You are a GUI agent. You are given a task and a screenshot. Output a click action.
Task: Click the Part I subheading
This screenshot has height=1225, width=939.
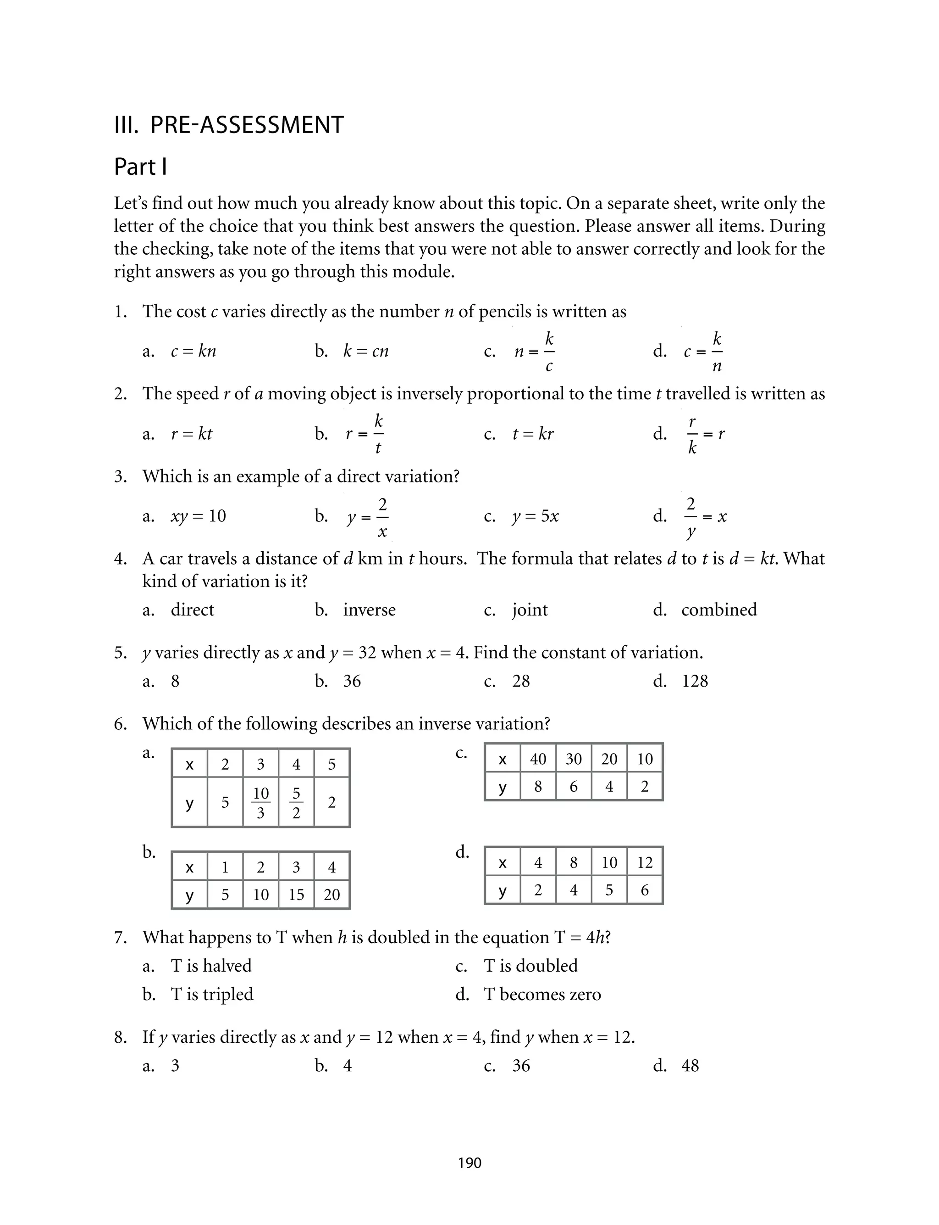click(x=140, y=167)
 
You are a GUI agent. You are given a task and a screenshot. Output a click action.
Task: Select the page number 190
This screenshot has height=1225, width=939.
click(x=469, y=1163)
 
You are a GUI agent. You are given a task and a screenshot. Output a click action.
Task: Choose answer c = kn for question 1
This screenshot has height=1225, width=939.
click(x=193, y=351)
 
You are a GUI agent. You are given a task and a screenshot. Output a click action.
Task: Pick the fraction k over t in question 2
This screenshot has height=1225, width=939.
click(x=378, y=434)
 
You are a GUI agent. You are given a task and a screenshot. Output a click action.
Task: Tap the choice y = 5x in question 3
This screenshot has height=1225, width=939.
click(x=535, y=516)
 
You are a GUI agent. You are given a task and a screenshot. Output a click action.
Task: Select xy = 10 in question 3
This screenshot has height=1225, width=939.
click(x=198, y=516)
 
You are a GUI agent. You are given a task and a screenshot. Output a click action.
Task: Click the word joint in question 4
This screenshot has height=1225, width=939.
click(x=529, y=610)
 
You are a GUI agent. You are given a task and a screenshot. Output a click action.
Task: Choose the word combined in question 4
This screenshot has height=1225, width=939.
click(x=719, y=610)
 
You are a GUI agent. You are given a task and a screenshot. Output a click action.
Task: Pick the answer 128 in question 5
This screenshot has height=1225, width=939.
click(x=695, y=681)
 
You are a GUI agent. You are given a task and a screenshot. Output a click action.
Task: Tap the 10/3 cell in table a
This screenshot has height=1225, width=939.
click(x=260, y=803)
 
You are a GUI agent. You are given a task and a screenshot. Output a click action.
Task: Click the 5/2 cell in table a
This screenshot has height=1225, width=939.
click(x=296, y=803)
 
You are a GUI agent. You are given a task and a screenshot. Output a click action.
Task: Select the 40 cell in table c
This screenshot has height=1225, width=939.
click(x=538, y=759)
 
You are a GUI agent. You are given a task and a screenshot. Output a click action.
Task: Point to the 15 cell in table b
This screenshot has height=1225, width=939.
click(x=296, y=895)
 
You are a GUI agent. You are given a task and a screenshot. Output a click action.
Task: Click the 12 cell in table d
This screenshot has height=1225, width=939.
click(x=645, y=862)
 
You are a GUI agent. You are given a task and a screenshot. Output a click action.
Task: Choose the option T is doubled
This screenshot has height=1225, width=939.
click(x=530, y=966)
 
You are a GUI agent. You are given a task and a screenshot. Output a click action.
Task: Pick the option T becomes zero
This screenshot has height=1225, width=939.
click(x=542, y=995)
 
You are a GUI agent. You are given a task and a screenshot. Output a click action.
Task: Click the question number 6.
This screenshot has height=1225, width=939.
click(x=120, y=724)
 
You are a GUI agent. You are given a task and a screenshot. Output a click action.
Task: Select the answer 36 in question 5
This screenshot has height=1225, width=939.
click(x=352, y=681)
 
